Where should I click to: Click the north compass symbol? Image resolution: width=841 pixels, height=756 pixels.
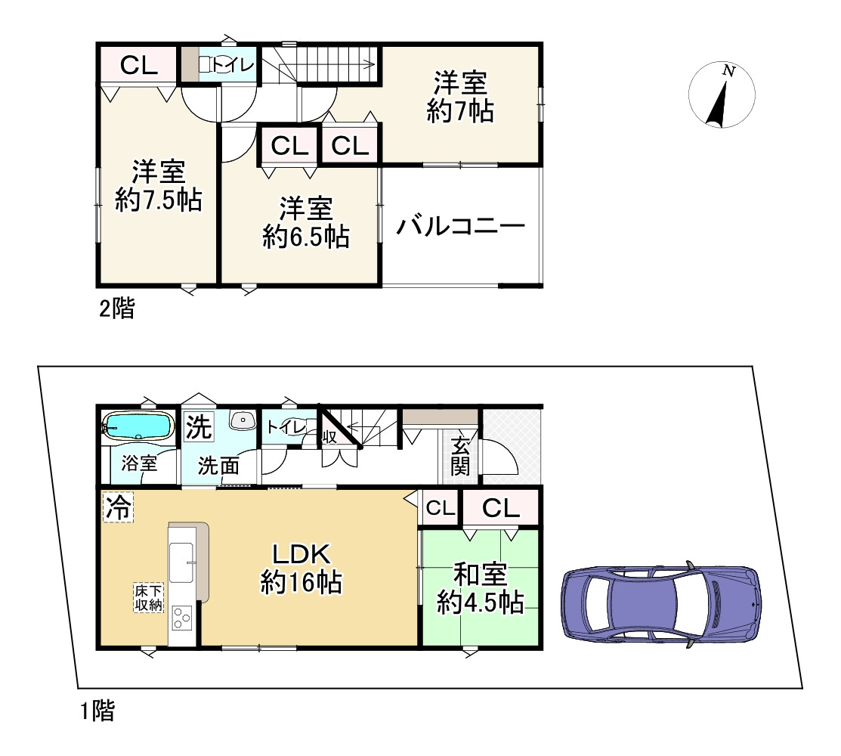click(723, 94)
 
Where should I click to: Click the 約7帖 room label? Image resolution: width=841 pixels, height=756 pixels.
click(460, 97)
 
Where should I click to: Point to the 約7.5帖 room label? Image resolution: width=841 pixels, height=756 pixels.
click(158, 186)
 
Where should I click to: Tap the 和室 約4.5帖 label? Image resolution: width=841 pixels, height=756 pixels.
click(481, 588)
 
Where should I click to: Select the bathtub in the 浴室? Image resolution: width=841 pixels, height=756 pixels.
click(138, 426)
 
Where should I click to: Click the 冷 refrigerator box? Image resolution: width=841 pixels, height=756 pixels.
click(117, 507)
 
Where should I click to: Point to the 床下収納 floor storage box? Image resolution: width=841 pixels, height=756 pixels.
click(147, 596)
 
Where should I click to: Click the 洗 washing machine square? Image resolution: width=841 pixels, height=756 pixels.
click(199, 425)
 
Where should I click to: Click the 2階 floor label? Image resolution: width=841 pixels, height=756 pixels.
click(117, 308)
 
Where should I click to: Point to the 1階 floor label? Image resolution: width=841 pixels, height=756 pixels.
click(98, 710)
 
